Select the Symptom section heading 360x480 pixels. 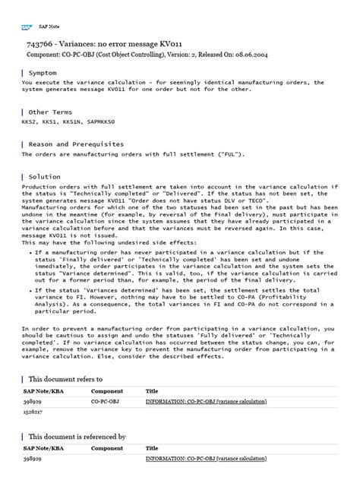click(x=44, y=74)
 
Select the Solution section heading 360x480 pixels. click(x=45, y=176)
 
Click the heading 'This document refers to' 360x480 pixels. click(x=65, y=377)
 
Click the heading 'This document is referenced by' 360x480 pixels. click(x=77, y=437)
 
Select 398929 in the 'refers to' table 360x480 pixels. click(x=32, y=399)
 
